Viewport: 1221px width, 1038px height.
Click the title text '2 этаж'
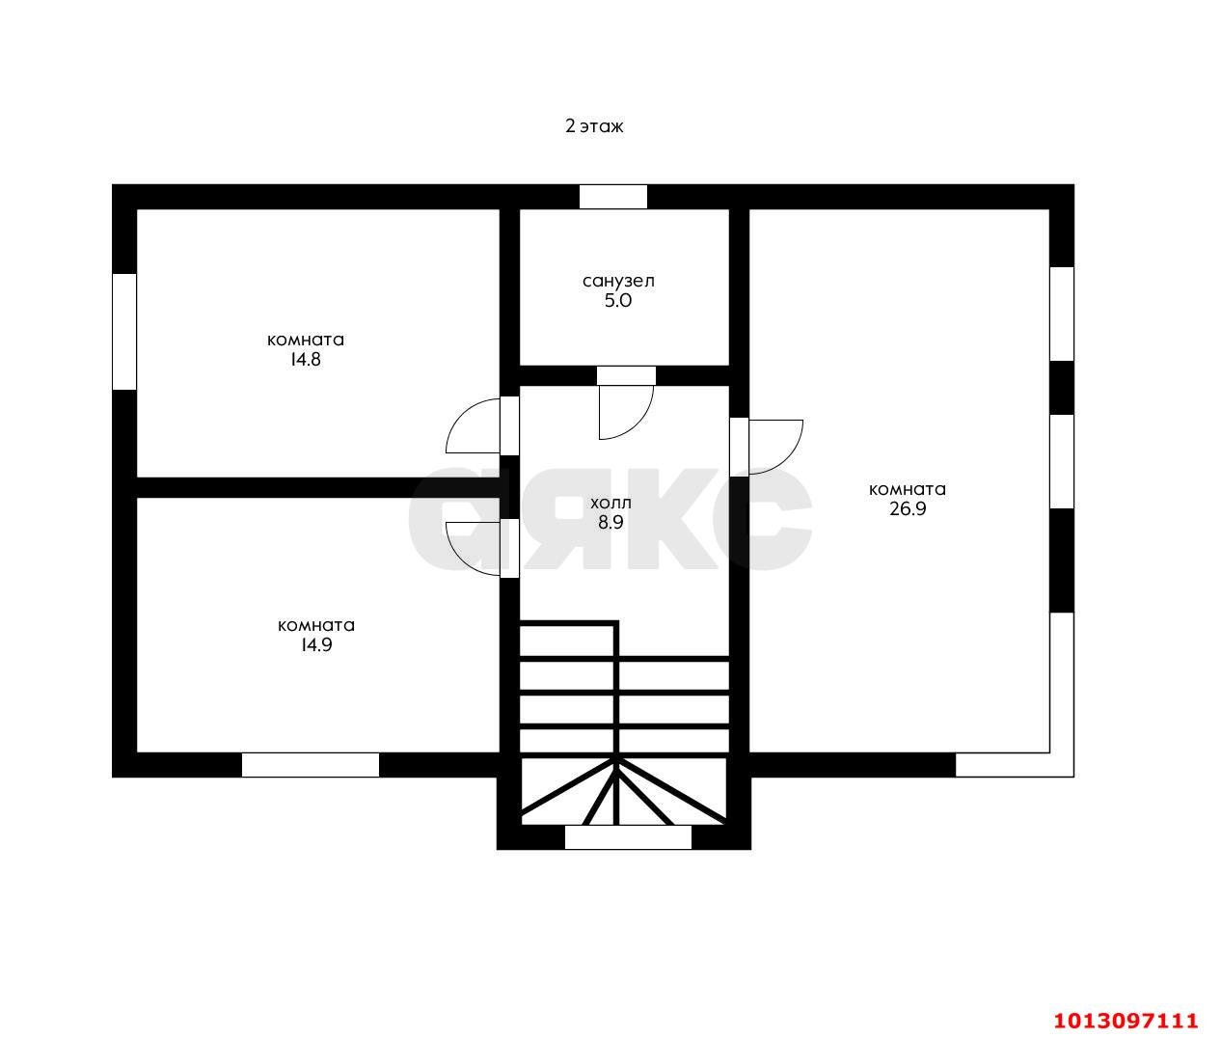click(594, 126)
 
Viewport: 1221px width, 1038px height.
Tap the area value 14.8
click(306, 359)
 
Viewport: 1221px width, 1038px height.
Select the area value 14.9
click(316, 644)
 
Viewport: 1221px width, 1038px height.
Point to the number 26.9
click(908, 508)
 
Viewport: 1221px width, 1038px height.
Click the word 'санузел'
click(618, 282)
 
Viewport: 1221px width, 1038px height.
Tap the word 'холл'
click(610, 504)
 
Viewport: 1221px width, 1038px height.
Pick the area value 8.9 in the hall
click(610, 522)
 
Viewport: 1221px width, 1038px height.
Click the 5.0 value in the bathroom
click(618, 301)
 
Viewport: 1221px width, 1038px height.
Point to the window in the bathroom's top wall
click(613, 197)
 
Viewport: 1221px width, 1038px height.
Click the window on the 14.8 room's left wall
click(124, 332)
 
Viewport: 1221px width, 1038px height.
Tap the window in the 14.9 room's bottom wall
click(311, 765)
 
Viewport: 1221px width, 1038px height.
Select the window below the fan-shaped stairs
click(628, 837)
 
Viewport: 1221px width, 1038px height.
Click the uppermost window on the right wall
click(1062, 314)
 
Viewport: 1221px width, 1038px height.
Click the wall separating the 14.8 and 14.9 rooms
click(318, 487)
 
